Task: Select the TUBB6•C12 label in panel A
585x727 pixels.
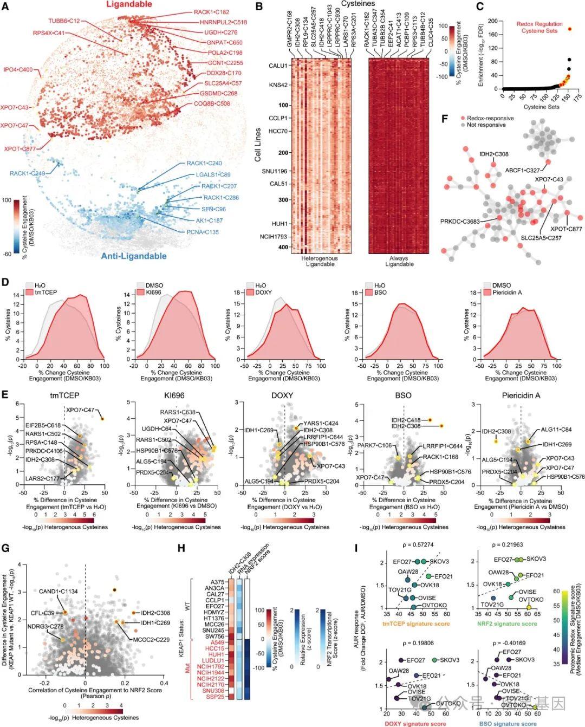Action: [x=64, y=21]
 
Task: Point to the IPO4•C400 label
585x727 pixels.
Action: [x=18, y=70]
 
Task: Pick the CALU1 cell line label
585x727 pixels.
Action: [x=278, y=66]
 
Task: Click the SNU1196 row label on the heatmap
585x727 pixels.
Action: [x=275, y=171]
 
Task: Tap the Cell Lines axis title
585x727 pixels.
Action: [x=258, y=145]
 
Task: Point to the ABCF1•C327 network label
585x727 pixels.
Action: [x=523, y=170]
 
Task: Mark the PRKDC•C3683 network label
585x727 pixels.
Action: [x=460, y=220]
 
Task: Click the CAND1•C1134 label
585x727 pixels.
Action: [x=56, y=591]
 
